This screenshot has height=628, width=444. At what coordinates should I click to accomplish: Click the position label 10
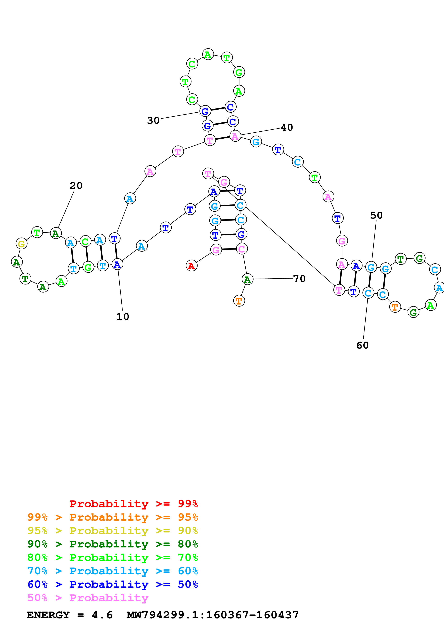click(123, 317)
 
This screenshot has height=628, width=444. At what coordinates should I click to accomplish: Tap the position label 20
click(76, 186)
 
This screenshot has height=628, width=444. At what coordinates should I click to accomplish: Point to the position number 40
click(287, 127)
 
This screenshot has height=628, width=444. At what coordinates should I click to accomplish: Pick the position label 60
click(363, 346)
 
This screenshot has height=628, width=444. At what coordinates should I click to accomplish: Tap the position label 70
click(299, 279)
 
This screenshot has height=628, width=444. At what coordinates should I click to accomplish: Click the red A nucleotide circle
click(191, 266)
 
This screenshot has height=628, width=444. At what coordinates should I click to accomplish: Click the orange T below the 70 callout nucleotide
click(239, 301)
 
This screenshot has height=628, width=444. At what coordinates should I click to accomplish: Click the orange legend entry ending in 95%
click(112, 517)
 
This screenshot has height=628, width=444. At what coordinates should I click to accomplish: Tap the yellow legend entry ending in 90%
click(112, 531)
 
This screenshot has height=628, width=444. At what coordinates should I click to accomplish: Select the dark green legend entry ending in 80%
click(112, 544)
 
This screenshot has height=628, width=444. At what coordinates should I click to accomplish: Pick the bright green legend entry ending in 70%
click(112, 557)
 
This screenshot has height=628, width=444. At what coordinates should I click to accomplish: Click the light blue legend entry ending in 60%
click(112, 571)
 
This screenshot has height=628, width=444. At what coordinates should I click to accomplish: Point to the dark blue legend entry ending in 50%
click(112, 584)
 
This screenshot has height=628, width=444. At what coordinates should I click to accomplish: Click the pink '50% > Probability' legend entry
click(88, 598)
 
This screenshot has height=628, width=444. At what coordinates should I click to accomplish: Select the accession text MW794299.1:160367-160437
click(213, 615)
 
